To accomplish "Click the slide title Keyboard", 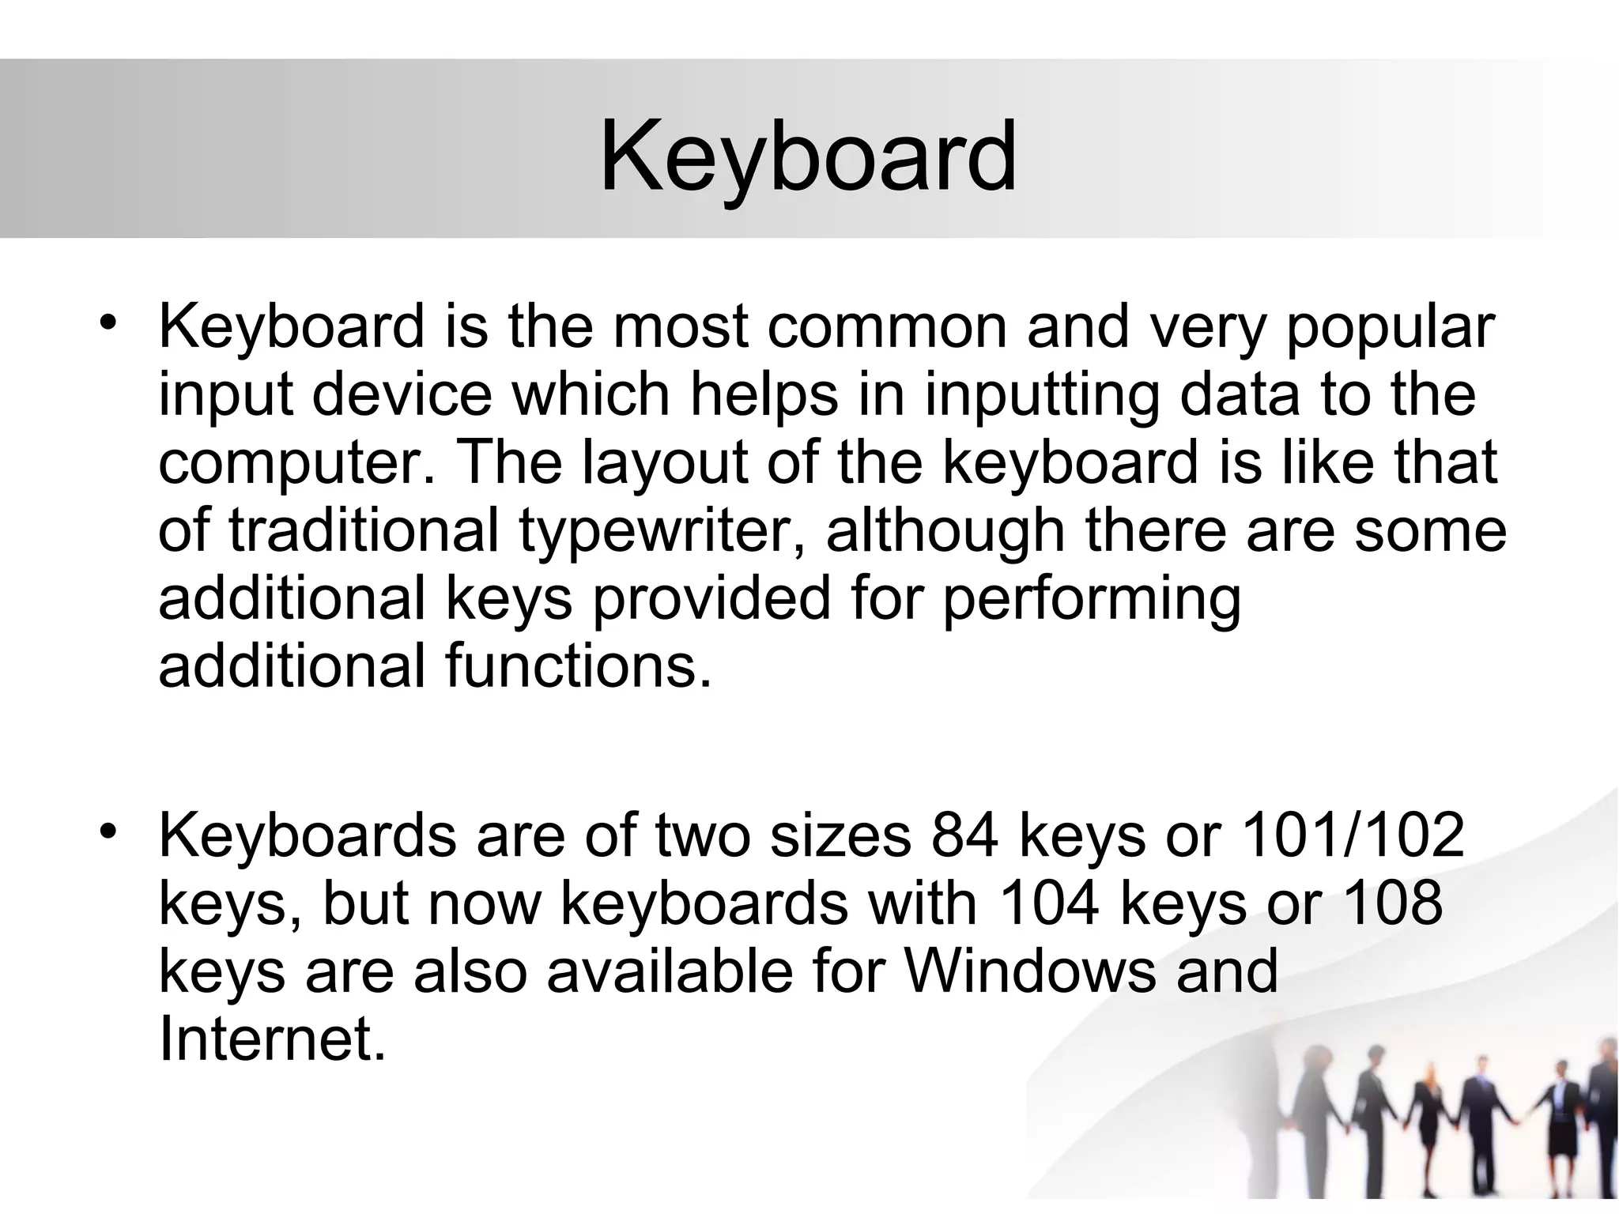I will tap(808, 156).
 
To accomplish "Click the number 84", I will tap(964, 836).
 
